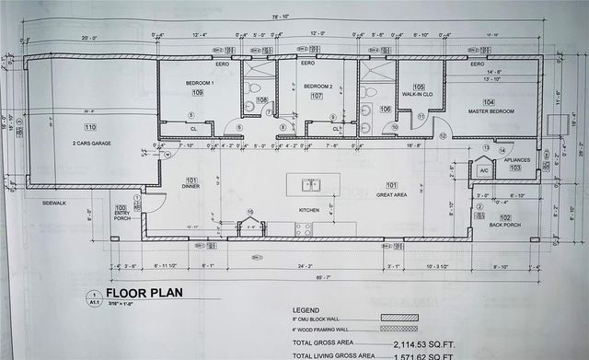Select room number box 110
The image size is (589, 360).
coord(89,127)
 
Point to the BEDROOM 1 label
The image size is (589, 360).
coord(199,84)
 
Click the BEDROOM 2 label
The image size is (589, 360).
coord(318,86)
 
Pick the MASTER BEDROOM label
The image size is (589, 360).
coord(491,112)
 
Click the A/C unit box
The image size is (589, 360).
coord(483,169)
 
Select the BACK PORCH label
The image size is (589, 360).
coord(504,224)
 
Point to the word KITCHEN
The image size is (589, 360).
coord(308,210)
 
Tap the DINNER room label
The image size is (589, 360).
coord(191,186)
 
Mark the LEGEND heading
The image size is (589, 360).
coord(306,310)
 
